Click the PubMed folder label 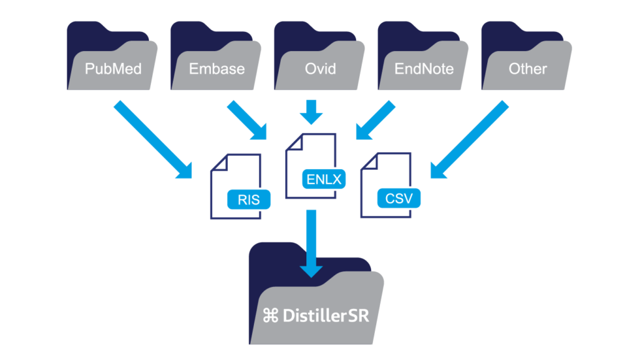pos(114,69)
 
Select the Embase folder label pos(216,69)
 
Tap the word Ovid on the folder pos(320,69)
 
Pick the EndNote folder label pos(424,69)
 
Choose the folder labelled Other pos(528,69)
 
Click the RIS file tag pos(249,200)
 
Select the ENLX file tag pos(324,179)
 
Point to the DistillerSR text pos(326,316)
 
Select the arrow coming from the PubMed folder pos(153,139)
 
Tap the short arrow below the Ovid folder pos(312,112)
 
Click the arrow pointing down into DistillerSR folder pos(312,242)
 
